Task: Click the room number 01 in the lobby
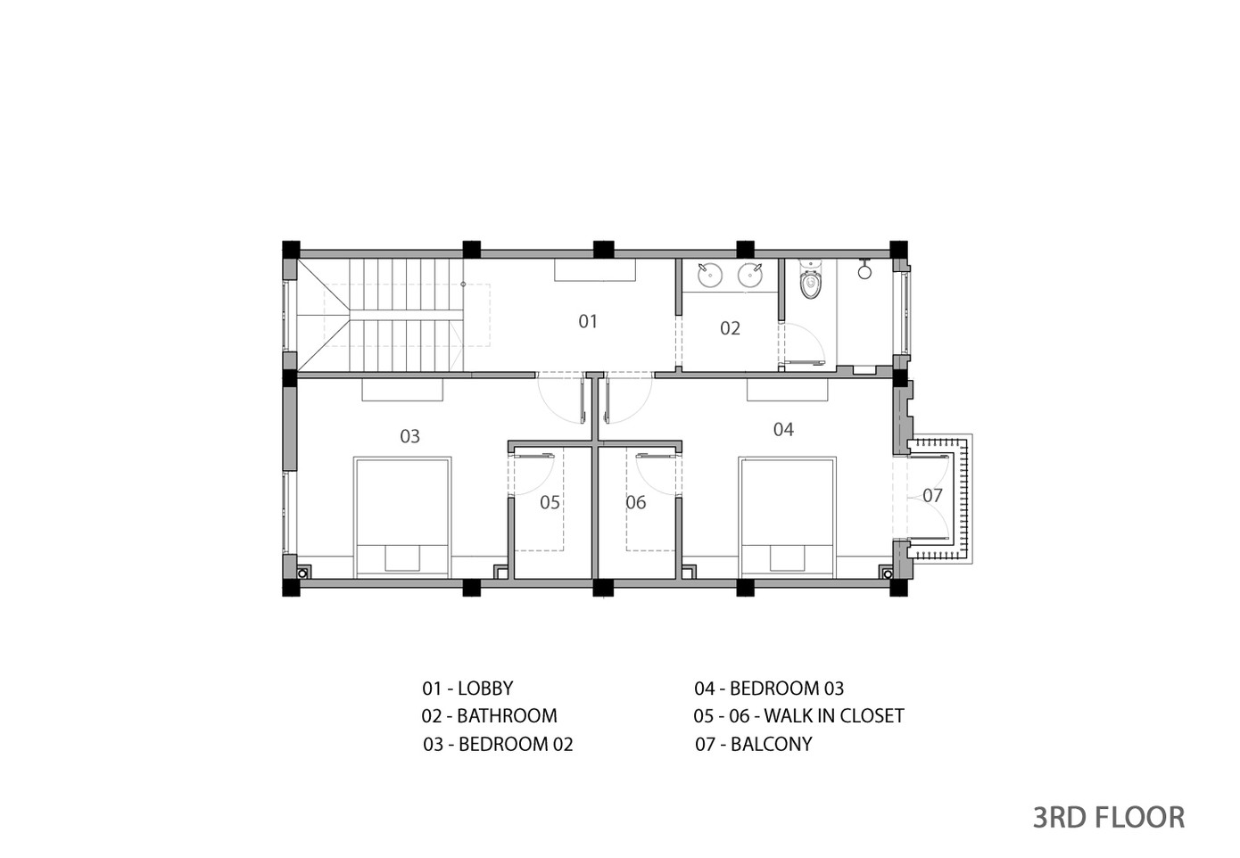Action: (587, 322)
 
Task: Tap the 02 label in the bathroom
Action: (730, 329)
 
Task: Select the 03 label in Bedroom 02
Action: (409, 437)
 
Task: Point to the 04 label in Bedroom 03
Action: (783, 430)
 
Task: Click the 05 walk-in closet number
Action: (550, 503)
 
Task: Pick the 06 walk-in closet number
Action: (635, 503)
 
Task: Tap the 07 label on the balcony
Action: (932, 495)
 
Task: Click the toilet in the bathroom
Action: (810, 280)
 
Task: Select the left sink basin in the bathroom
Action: (710, 275)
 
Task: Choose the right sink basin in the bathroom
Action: (750, 275)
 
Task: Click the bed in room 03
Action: (402, 517)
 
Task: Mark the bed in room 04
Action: (787, 517)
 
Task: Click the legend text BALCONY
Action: (771, 744)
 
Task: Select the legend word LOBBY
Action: (485, 689)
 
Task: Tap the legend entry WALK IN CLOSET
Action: (834, 716)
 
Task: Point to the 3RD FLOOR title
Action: (1109, 818)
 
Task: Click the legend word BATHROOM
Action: (507, 716)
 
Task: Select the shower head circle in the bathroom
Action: (864, 272)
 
